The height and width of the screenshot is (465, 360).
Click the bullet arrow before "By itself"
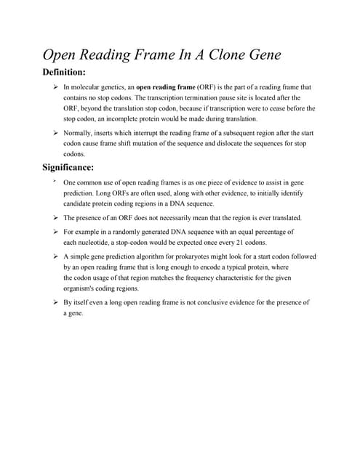[55, 302]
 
